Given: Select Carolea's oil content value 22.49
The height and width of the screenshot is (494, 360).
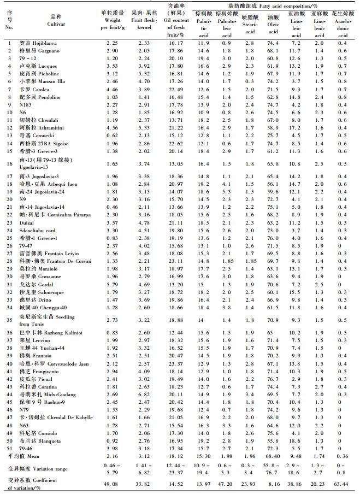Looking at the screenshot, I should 173,89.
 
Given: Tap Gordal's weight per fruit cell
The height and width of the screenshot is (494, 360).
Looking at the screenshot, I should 111,284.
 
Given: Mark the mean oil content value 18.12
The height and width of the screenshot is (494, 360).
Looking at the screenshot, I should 173,455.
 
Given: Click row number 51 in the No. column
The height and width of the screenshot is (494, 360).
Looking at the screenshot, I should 9,448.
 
